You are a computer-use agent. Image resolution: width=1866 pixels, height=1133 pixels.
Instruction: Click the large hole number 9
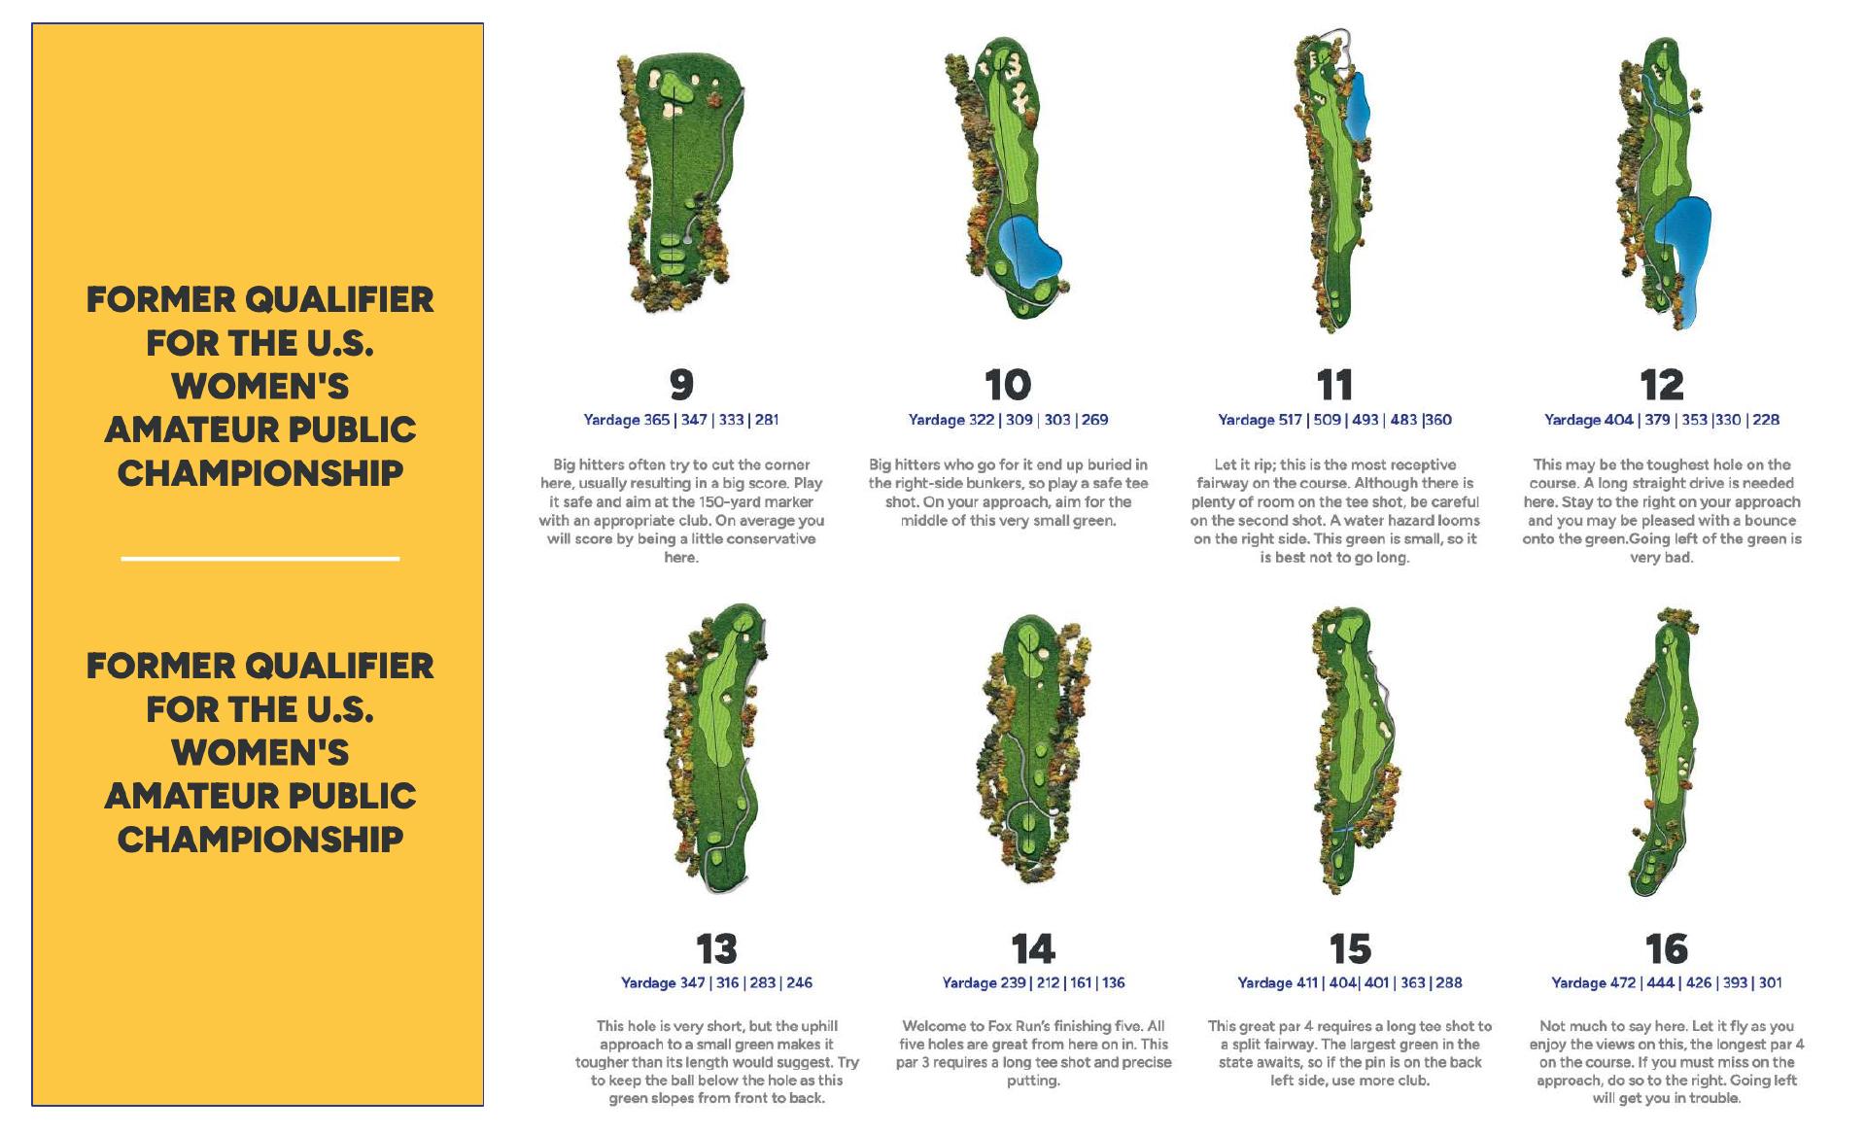(681, 385)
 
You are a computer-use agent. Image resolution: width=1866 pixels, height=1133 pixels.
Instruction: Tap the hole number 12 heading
(1661, 385)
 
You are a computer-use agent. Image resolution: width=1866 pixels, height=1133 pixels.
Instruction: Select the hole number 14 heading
(1032, 948)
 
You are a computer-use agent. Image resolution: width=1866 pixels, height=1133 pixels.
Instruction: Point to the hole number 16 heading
(1666, 948)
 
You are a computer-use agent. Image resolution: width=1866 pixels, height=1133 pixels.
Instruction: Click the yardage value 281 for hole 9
(767, 420)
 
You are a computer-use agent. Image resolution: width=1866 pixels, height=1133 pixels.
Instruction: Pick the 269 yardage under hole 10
(1094, 420)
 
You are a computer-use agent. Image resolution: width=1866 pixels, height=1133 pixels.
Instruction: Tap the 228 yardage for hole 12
(1766, 420)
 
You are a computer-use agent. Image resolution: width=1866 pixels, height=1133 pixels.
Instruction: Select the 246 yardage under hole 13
(799, 982)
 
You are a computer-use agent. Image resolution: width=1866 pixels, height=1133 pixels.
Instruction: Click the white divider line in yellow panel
(259, 559)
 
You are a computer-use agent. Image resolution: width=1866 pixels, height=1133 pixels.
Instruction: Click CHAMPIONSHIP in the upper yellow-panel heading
(259, 473)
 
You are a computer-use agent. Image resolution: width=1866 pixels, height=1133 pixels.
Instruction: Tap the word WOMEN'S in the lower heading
(259, 753)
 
